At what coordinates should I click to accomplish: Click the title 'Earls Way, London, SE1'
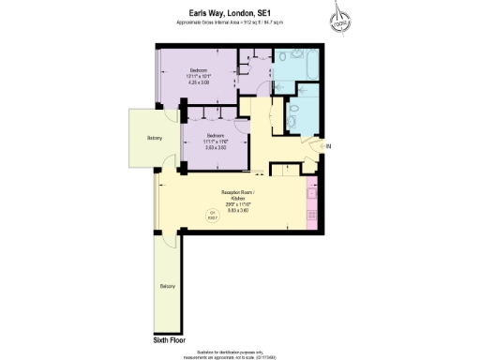[x=240, y=12]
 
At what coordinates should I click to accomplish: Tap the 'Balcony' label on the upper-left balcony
[x=154, y=139]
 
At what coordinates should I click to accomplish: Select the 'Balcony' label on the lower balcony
[x=168, y=286]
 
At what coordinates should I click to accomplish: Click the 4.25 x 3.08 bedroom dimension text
[x=200, y=84]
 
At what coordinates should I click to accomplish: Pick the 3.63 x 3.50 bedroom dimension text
[x=216, y=148]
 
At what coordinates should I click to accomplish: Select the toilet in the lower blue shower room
[x=293, y=119]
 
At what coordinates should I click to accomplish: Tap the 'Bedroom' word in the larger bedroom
[x=199, y=70]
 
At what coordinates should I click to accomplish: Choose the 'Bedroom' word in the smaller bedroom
[x=216, y=135]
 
